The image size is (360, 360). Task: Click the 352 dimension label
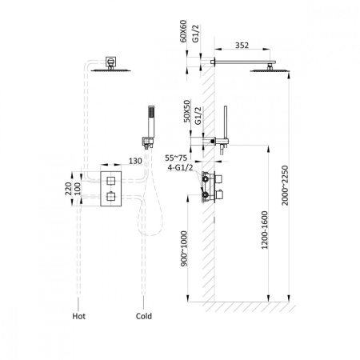242,46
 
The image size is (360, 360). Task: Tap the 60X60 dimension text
183,31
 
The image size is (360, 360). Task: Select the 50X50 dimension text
187,111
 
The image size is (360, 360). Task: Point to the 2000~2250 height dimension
285,186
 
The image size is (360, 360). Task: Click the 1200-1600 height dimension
264,230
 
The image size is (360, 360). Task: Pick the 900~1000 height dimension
184,249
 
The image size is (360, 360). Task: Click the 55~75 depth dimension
176,158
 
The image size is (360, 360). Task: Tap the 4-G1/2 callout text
180,167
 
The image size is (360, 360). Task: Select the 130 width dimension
135,161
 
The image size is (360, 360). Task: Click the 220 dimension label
69,189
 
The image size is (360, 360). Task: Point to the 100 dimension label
78,189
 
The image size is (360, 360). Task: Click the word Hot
79,316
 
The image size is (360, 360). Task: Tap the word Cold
144,316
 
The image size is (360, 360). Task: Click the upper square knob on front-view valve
110,181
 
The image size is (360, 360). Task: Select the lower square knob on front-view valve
110,197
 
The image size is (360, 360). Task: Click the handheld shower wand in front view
151,122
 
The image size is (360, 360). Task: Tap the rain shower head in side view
270,70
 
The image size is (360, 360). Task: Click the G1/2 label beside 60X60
195,34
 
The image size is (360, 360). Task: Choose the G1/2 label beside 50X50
198,116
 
